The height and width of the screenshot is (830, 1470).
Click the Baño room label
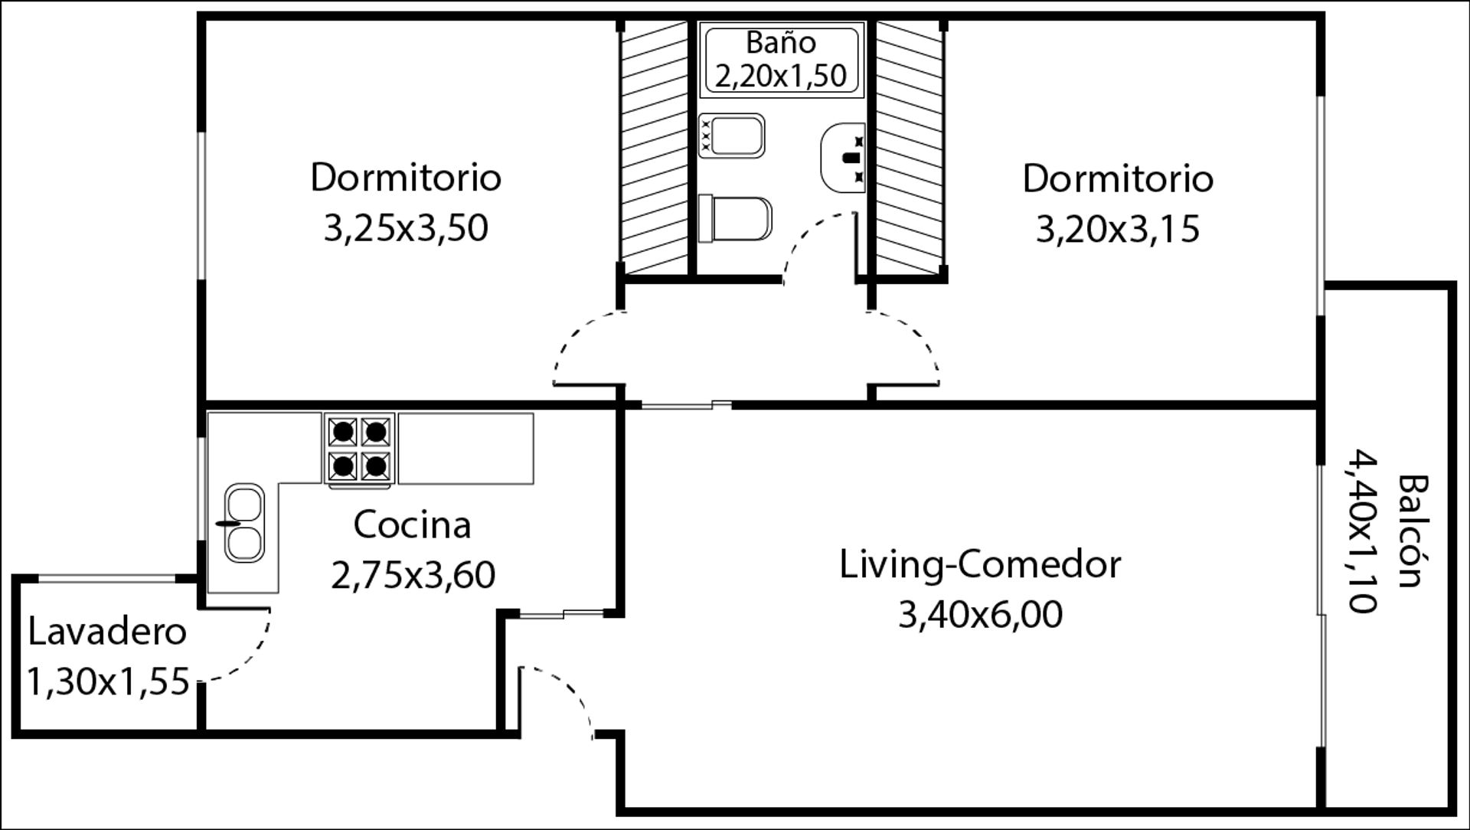tap(781, 42)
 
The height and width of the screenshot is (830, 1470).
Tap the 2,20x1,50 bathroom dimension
tap(781, 76)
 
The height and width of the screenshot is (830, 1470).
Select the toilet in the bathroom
tap(735, 219)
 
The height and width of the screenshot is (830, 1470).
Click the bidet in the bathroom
tap(731, 136)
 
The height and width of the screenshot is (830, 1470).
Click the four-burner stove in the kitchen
tap(360, 450)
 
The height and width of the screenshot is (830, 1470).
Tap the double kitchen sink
tap(244, 523)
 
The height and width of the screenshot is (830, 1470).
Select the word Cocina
tap(412, 525)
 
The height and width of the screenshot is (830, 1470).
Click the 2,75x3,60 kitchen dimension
tap(413, 575)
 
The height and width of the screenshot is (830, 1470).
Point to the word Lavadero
tap(107, 632)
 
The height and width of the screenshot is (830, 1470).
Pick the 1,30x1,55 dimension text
tap(108, 681)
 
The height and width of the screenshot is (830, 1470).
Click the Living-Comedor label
tap(980, 565)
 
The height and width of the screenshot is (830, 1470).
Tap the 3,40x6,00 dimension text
tap(980, 615)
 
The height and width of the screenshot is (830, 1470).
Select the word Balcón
tap(1413, 531)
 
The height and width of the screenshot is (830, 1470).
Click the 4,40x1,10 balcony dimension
tap(1363, 531)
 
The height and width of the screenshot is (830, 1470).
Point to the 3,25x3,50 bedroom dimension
tap(406, 228)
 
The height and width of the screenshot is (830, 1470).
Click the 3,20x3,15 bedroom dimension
tap(1118, 229)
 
